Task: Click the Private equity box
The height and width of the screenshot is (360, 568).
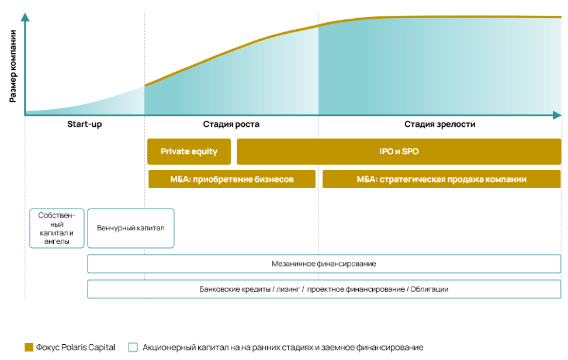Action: (x=189, y=151)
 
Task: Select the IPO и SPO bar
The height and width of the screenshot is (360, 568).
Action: (x=399, y=151)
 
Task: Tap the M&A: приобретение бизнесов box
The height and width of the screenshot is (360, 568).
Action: (x=232, y=179)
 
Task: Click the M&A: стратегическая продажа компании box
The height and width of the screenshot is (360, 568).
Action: (x=442, y=179)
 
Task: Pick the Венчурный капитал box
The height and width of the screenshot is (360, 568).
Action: (x=131, y=228)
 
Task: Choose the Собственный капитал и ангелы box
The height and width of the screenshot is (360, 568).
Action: (x=57, y=228)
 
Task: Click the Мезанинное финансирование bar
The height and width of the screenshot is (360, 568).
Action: (x=324, y=264)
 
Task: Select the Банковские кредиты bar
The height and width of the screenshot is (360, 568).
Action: (x=324, y=289)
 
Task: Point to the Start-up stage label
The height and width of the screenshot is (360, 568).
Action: (x=85, y=124)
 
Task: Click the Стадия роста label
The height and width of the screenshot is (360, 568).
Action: (x=231, y=124)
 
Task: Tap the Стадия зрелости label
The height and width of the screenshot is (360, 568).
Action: (x=440, y=124)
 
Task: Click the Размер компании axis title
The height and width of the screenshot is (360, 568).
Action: (x=13, y=66)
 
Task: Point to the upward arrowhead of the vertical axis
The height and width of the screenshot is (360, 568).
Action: (x=25, y=17)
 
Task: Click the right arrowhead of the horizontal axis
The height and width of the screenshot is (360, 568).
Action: (x=557, y=116)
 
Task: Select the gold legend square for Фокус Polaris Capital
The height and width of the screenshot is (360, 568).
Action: (x=29, y=347)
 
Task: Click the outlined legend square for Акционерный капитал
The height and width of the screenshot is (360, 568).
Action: (x=133, y=347)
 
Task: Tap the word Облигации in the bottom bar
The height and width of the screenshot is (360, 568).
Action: (x=430, y=289)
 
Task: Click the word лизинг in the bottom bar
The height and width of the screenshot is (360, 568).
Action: (x=288, y=289)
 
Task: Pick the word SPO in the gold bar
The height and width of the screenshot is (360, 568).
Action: (x=410, y=151)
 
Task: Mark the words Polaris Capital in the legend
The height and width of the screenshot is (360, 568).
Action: (x=88, y=347)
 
